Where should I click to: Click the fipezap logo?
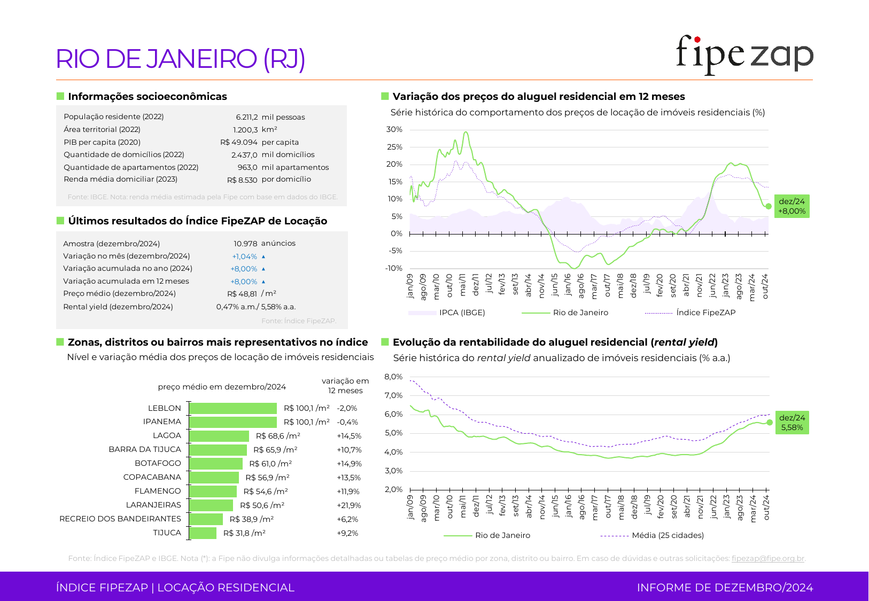click(x=744, y=55)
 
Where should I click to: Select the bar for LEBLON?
click(x=233, y=409)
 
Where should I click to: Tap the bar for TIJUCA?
click(x=203, y=533)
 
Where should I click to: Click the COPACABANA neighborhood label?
click(x=152, y=477)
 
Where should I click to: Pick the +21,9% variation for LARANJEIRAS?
click(x=349, y=505)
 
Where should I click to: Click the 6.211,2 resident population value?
click(x=247, y=117)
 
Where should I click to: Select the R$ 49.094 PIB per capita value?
click(x=239, y=142)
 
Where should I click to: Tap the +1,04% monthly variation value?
click(x=245, y=256)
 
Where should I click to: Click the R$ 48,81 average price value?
click(x=242, y=294)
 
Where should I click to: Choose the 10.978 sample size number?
click(x=245, y=244)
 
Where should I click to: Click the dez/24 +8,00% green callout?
click(x=792, y=206)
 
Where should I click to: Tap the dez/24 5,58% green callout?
click(x=792, y=422)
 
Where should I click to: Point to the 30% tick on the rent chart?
click(x=394, y=130)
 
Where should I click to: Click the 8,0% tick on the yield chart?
click(x=393, y=377)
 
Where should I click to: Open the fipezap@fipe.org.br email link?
click(x=768, y=558)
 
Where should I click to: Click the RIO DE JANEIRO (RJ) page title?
click(x=181, y=59)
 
